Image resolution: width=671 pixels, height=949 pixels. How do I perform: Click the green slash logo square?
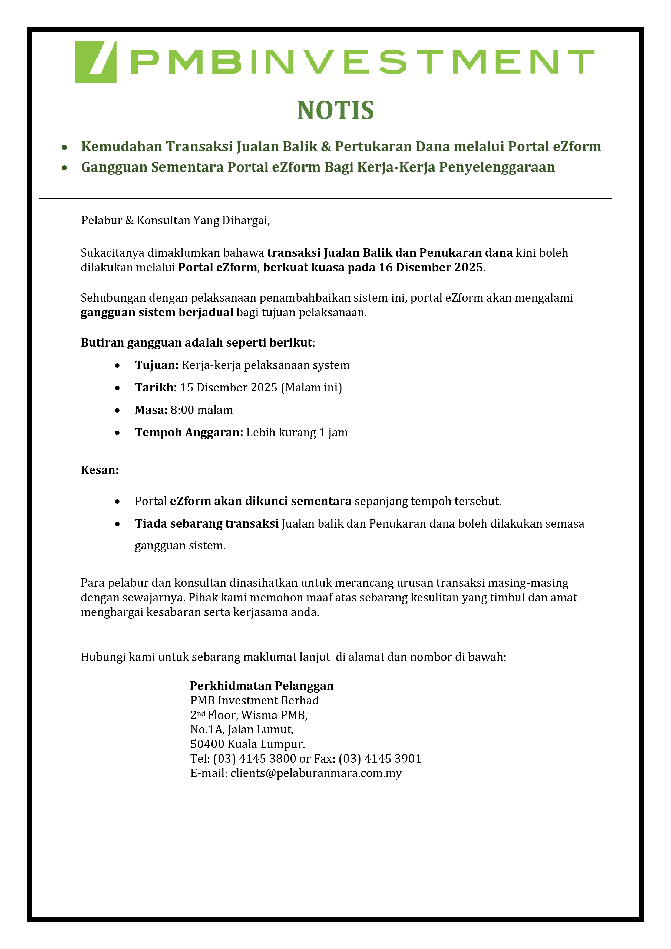point(95,62)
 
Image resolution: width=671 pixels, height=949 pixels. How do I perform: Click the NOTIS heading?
point(335,110)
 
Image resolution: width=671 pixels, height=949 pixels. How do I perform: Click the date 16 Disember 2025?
point(431,268)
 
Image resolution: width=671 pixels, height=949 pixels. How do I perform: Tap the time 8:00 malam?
point(202,410)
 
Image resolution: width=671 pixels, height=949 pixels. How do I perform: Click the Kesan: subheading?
point(100,470)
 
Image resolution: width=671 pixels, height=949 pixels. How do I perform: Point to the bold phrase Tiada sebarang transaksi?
point(207,524)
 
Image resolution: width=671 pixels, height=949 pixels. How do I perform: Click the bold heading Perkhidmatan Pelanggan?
point(262,686)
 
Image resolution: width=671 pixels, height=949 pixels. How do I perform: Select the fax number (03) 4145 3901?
point(380,759)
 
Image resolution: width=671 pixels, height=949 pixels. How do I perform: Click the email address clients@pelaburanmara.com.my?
point(316,773)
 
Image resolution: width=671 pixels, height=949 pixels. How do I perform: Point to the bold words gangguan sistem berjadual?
point(157,312)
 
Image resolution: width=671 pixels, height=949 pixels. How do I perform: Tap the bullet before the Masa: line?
point(118,410)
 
